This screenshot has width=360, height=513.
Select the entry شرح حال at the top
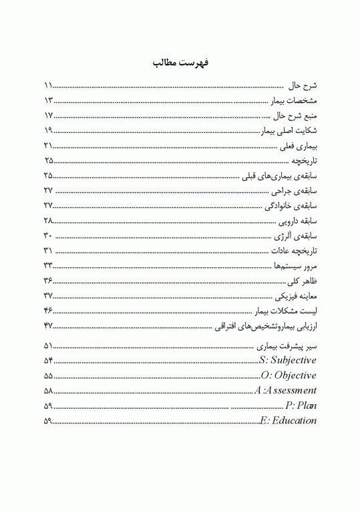(x=302, y=87)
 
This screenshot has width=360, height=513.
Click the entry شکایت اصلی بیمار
(x=288, y=131)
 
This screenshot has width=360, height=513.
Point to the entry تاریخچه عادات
(x=293, y=251)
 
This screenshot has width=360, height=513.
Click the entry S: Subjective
(x=288, y=361)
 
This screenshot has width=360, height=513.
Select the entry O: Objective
(x=289, y=375)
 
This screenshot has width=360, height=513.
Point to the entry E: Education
(x=289, y=420)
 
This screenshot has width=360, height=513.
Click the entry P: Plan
(x=301, y=405)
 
